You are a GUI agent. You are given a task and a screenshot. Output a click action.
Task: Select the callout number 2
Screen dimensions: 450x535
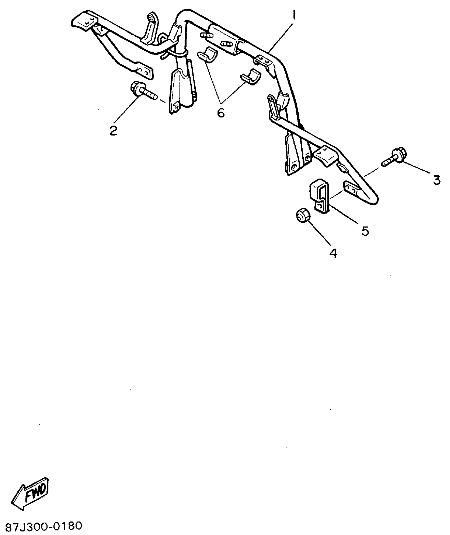click(x=114, y=131)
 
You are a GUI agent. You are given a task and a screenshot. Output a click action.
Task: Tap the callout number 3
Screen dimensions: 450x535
click(x=436, y=180)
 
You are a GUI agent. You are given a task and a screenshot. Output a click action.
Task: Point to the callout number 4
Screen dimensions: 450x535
click(x=333, y=253)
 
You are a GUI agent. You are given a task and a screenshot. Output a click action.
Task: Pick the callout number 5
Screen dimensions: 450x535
click(x=365, y=231)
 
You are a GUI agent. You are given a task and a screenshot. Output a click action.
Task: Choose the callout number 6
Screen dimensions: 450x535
click(x=221, y=113)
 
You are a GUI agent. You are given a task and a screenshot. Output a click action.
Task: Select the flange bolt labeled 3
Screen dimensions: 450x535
click(x=394, y=159)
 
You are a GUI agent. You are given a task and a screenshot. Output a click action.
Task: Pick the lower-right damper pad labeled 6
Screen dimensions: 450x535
click(x=250, y=77)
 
